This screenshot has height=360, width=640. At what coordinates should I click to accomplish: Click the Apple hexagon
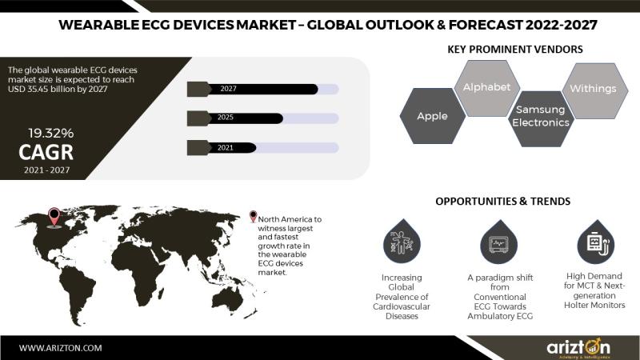click(433, 116)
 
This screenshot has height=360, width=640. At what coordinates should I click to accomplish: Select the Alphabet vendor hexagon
click(487, 88)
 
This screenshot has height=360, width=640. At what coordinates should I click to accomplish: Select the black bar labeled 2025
click(246, 118)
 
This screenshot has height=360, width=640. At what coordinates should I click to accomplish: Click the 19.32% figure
click(51, 133)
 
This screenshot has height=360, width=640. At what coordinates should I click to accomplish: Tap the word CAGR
click(46, 152)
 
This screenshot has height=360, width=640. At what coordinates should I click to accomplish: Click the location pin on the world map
click(54, 217)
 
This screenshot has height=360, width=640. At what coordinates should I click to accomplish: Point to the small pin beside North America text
click(254, 216)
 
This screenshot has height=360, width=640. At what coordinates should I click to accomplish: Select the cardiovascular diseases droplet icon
click(402, 242)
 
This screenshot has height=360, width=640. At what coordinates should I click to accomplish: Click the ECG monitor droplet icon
click(498, 242)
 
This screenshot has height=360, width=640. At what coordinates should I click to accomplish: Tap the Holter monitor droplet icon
click(596, 242)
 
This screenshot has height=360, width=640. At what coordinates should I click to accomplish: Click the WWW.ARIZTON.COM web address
click(61, 348)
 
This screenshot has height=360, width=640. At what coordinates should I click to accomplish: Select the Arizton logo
click(578, 348)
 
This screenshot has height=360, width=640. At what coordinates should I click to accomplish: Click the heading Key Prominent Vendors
click(515, 50)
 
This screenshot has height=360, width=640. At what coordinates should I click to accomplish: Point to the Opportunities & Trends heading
click(503, 202)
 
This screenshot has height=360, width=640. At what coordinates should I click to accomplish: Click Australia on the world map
click(231, 297)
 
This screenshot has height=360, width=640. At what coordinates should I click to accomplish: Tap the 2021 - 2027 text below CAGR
click(46, 170)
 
